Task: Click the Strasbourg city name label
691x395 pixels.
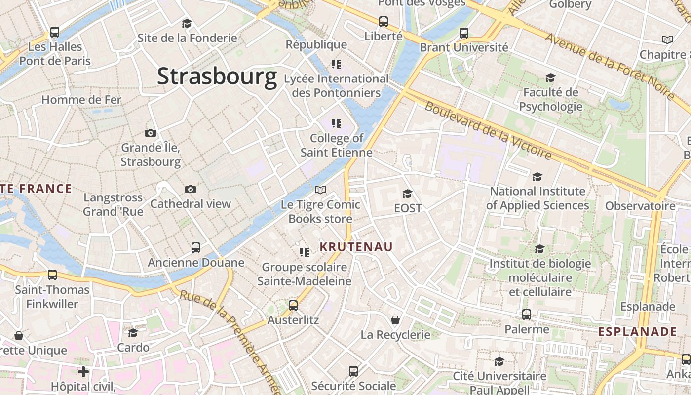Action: click(x=217, y=77)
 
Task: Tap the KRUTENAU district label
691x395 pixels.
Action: click(x=356, y=247)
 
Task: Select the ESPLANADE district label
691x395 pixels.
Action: click(x=637, y=332)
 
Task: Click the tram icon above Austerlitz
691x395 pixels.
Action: click(x=293, y=306)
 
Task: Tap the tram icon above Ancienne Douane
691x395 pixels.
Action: click(x=196, y=248)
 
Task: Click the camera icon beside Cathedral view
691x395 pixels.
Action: click(x=191, y=190)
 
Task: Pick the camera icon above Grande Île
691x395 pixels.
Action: click(x=151, y=133)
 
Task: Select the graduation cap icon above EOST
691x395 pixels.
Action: click(x=407, y=194)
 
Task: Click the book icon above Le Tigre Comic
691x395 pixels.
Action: click(x=320, y=190)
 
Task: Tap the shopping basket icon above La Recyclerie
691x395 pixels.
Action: click(x=395, y=320)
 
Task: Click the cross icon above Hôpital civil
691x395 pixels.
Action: click(x=83, y=371)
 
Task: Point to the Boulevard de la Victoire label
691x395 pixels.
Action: click(x=488, y=131)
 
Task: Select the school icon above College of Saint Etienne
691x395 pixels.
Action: click(x=336, y=123)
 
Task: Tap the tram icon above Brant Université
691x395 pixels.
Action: click(x=463, y=33)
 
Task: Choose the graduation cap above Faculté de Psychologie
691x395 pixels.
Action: click(x=550, y=78)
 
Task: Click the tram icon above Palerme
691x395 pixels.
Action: click(x=527, y=315)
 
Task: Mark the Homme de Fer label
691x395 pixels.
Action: click(x=81, y=100)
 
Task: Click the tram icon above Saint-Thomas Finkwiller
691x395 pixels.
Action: click(x=52, y=275)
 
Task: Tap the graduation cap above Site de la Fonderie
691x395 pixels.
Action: click(x=187, y=23)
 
